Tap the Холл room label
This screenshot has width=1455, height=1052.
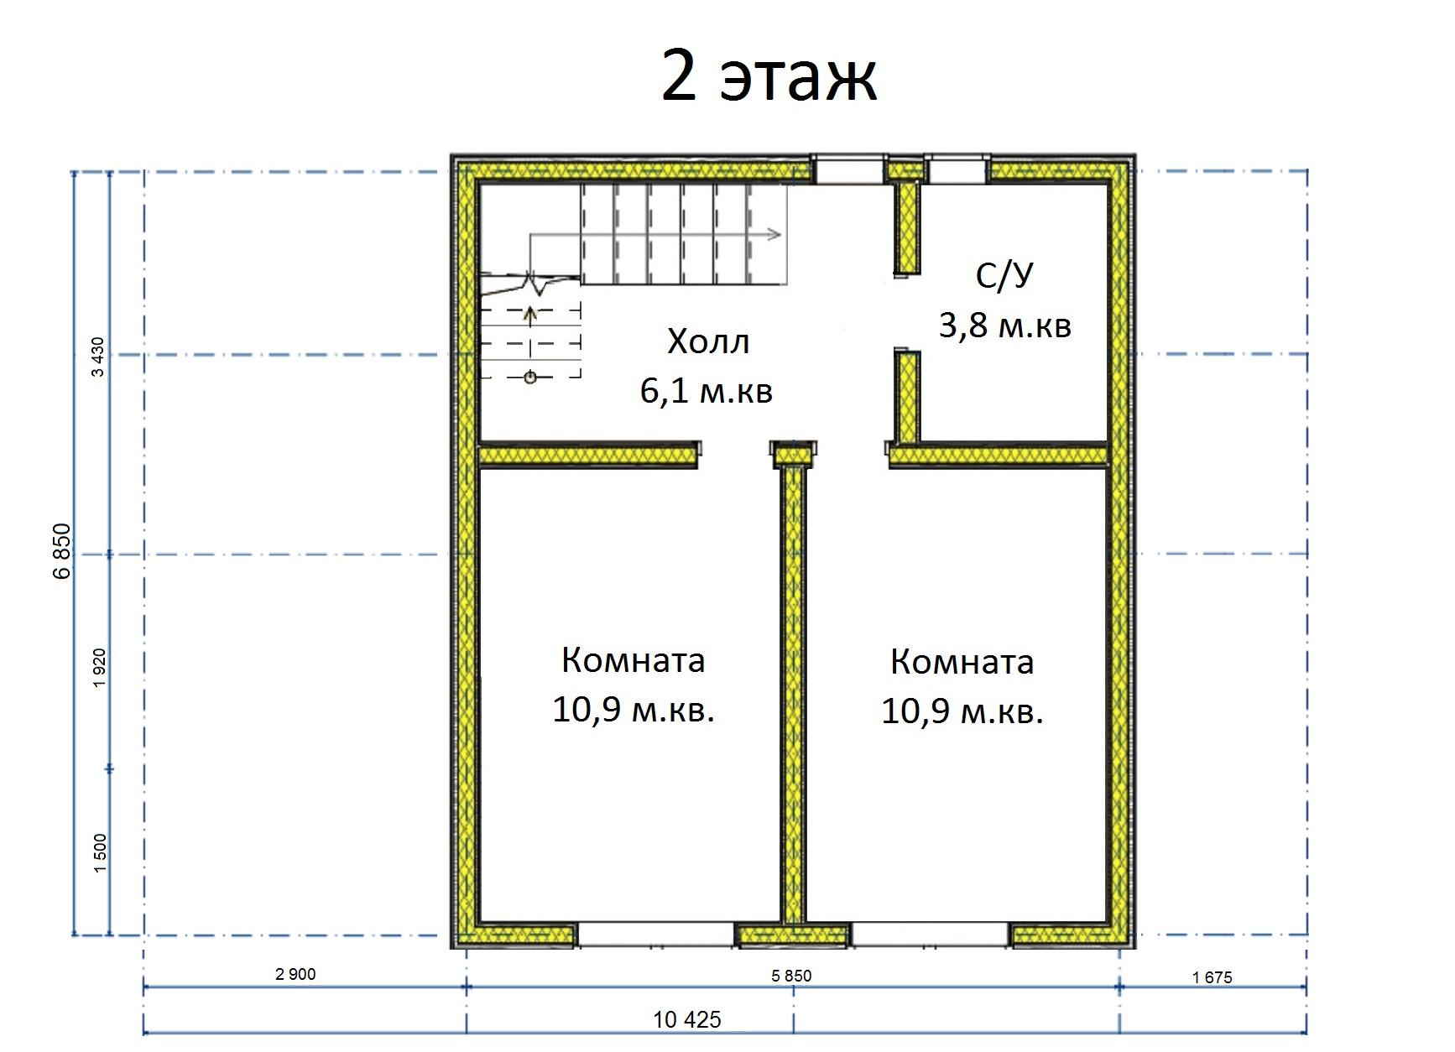click(x=708, y=342)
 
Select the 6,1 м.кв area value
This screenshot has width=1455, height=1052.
click(x=707, y=392)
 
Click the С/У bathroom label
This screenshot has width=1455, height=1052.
click(x=1004, y=276)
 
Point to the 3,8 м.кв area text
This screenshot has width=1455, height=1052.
click(x=1004, y=325)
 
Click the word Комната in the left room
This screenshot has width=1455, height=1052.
click(x=633, y=661)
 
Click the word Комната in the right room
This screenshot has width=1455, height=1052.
click(x=962, y=663)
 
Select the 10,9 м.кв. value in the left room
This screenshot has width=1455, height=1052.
click(x=633, y=711)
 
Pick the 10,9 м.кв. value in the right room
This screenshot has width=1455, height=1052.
click(x=962, y=712)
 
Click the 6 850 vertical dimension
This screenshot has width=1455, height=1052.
click(x=62, y=552)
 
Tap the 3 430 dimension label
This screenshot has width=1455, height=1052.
click(x=99, y=357)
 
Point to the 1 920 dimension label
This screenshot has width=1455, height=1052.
click(x=100, y=669)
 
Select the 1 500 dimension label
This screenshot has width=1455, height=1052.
click(x=100, y=853)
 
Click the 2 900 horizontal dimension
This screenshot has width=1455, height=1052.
click(x=295, y=974)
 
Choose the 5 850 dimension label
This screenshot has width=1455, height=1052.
click(x=791, y=976)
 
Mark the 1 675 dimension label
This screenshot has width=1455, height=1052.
click(x=1212, y=977)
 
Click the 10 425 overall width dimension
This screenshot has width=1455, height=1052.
click(x=687, y=1020)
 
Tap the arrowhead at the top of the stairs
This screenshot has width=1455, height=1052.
click(x=774, y=235)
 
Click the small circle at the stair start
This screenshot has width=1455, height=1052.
click(x=530, y=378)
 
